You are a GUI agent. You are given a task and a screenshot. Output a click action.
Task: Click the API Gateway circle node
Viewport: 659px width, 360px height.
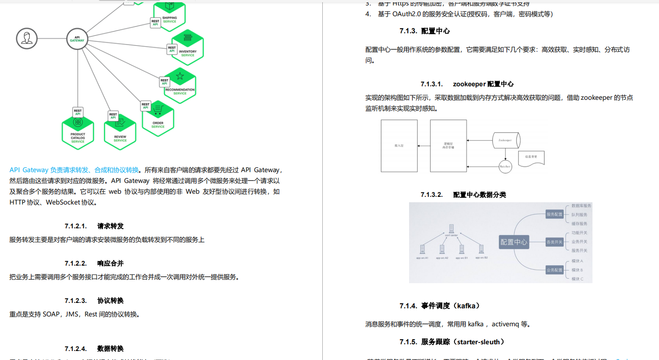77,39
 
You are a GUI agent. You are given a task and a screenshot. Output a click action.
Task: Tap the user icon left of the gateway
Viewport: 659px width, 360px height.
27,39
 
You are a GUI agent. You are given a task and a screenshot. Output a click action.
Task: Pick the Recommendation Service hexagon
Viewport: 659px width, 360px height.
180,85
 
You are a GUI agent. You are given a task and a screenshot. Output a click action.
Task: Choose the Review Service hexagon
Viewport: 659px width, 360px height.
120,132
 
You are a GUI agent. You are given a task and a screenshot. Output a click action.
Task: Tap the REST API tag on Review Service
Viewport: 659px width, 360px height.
113,116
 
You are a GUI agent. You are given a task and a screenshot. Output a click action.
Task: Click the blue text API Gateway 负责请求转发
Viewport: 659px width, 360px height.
74,170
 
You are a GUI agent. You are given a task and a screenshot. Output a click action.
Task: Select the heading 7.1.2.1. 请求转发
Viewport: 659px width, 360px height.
94,226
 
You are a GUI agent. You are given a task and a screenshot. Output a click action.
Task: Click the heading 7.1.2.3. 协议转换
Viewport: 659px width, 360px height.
94,300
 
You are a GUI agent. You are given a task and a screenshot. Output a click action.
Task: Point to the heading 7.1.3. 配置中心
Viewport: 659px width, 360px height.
425,31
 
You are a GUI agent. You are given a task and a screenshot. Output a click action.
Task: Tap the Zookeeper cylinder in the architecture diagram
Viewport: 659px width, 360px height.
506,140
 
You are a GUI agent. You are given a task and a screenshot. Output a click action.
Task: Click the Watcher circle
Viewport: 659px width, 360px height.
506,166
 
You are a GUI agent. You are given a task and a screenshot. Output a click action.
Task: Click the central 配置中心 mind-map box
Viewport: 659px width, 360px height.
514,242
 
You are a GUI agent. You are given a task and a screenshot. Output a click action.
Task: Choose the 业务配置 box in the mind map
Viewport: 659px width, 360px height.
554,270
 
